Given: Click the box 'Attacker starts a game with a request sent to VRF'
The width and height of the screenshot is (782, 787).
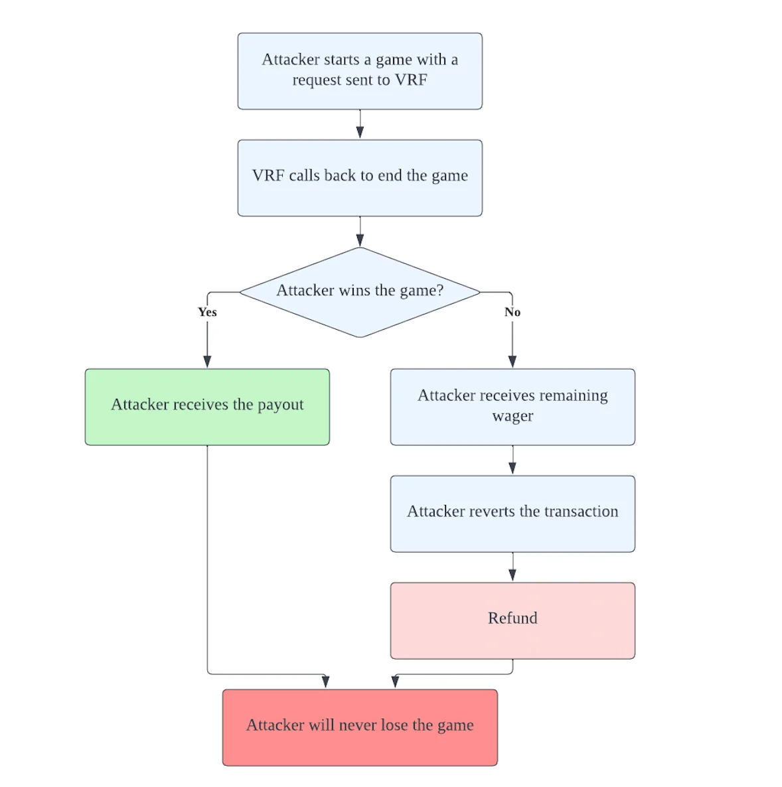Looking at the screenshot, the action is coord(360,71).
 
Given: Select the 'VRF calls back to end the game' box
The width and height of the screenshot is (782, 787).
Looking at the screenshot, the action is coord(360,179).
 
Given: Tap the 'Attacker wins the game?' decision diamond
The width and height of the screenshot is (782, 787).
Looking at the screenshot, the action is coord(360,292).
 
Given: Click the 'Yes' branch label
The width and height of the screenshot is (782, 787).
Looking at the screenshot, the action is coord(207,312).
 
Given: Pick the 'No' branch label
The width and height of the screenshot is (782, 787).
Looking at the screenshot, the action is coord(512,312).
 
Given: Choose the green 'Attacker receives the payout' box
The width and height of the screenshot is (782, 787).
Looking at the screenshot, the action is coord(207,407).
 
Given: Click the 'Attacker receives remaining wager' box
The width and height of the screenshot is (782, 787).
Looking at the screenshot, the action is coord(512,407).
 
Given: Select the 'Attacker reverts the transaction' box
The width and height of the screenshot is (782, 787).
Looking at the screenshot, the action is coord(512,514).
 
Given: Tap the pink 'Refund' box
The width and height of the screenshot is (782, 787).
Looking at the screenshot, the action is coord(512,621).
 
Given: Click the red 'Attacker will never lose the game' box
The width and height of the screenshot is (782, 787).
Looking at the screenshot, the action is coord(360,728).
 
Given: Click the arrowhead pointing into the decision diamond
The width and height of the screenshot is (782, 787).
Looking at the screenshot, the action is coord(360,240).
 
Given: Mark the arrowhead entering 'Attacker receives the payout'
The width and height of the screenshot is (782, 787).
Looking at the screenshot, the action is coord(207,362).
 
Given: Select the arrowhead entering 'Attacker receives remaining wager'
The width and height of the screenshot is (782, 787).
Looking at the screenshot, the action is coord(512,362).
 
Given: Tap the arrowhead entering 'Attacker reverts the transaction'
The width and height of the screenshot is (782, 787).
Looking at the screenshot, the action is coord(512,468).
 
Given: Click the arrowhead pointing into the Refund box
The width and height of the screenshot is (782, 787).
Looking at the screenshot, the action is coord(512,575).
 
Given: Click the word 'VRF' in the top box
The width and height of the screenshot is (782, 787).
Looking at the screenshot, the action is coord(411,80).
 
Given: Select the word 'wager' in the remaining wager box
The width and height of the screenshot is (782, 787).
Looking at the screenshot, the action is coord(512,417).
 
